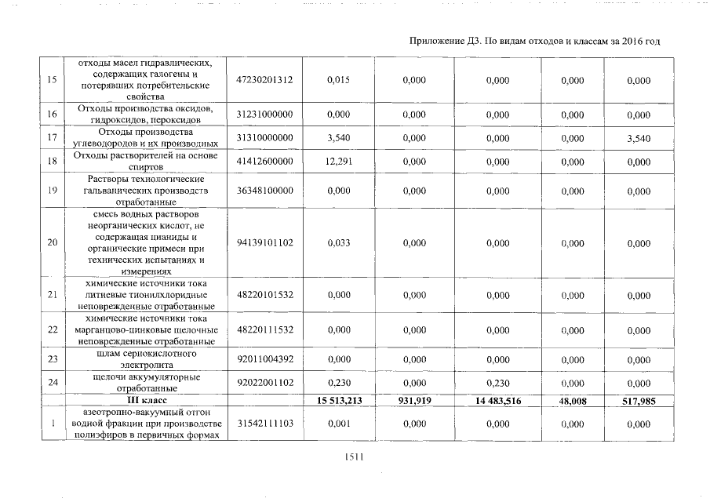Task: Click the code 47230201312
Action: point(264,80)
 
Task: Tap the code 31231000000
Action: point(264,115)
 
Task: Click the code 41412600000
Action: point(264,162)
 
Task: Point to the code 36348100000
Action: point(264,191)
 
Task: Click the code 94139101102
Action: point(264,243)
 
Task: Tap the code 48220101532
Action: point(264,295)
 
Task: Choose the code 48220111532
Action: point(264,330)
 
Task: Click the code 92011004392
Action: point(264,359)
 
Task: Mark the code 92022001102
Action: point(264,383)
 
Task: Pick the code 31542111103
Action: point(264,424)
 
